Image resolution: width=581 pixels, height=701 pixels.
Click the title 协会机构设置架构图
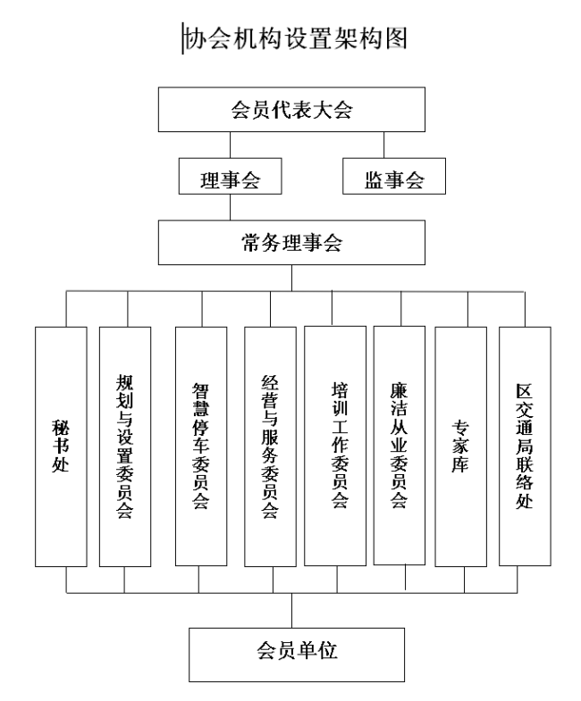click(x=296, y=38)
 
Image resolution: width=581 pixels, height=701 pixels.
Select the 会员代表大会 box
click(x=291, y=110)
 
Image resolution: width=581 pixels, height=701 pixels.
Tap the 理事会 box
click(x=230, y=176)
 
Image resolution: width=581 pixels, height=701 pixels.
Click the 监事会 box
click(x=394, y=176)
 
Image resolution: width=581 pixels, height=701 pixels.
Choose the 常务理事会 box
click(x=291, y=242)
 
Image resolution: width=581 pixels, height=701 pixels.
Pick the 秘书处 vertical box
click(x=61, y=446)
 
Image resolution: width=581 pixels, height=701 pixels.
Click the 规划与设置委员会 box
click(x=125, y=446)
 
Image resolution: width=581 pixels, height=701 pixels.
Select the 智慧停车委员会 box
click(x=201, y=446)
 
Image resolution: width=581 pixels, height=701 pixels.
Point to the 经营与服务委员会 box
click(x=270, y=446)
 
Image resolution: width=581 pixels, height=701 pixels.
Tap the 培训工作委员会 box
click(x=335, y=446)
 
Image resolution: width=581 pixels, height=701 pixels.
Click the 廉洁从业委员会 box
click(x=400, y=446)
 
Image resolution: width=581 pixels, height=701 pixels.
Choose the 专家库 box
click(x=460, y=446)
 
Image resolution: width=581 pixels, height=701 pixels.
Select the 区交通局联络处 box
click(x=525, y=446)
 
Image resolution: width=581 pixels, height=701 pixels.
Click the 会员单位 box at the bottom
click(x=297, y=655)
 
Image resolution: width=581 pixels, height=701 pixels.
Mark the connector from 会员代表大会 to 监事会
click(x=383, y=145)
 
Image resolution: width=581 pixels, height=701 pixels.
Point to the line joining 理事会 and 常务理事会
click(x=230, y=207)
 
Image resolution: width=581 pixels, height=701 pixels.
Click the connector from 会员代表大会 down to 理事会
click(x=230, y=145)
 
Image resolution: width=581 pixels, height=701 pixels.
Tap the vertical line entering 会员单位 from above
click(x=292, y=611)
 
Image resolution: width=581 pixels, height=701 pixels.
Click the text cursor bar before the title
click(x=182, y=38)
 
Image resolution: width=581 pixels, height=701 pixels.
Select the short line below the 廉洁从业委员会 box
click(x=406, y=577)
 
